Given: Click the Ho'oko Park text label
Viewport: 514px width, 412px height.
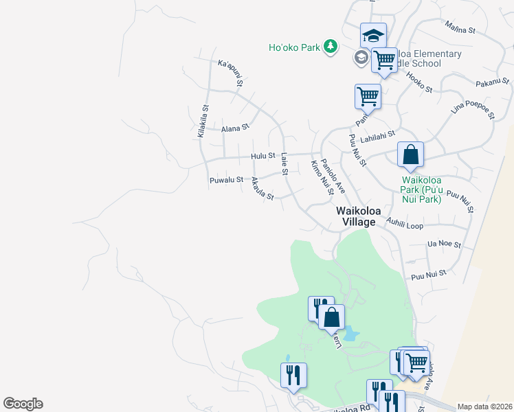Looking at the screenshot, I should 294,47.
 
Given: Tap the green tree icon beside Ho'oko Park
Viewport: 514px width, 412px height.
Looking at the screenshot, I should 331,47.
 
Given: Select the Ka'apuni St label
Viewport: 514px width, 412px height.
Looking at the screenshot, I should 230,73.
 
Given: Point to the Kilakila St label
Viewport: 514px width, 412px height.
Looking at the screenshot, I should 203,121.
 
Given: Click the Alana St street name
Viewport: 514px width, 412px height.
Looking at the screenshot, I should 235,128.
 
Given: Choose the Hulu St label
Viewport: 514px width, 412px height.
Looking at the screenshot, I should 262,156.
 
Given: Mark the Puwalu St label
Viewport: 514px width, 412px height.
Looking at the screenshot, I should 226,180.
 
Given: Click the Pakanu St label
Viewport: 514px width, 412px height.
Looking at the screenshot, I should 491,84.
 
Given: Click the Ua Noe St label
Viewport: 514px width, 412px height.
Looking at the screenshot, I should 443,244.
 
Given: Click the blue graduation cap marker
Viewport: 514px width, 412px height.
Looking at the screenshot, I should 373,36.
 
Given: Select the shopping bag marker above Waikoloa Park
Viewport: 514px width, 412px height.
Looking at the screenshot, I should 410,154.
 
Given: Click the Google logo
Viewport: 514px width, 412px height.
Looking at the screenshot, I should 23,404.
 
